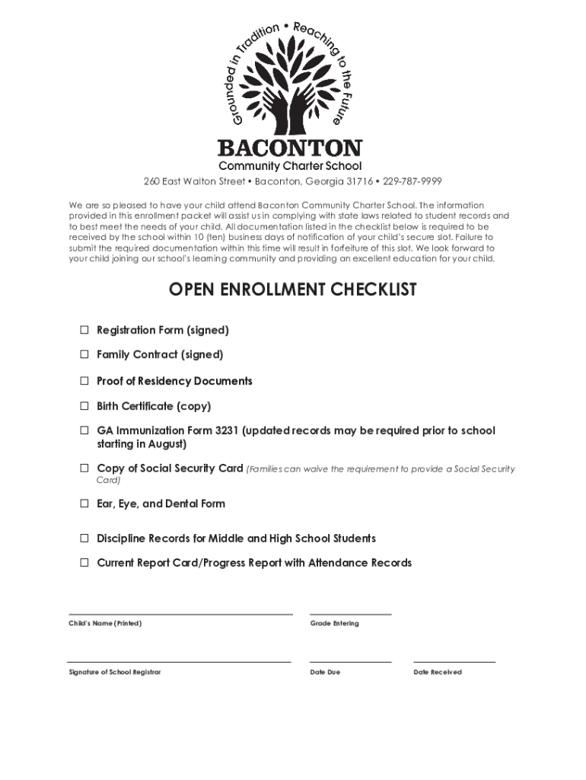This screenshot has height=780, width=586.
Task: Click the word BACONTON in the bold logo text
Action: pos(290,148)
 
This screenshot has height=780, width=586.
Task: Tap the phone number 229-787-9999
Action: pos(412,181)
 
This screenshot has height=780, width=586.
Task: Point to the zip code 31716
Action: pos(361,181)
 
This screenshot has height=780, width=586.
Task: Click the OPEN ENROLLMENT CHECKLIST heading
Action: pos(293,290)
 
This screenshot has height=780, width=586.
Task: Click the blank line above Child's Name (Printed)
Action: pos(180,613)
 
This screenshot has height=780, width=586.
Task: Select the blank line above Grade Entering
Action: pos(351,613)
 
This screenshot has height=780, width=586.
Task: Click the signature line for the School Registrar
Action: pos(179,662)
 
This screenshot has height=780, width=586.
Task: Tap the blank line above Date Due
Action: pos(351,662)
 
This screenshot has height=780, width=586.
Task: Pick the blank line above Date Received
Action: pos(454,662)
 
